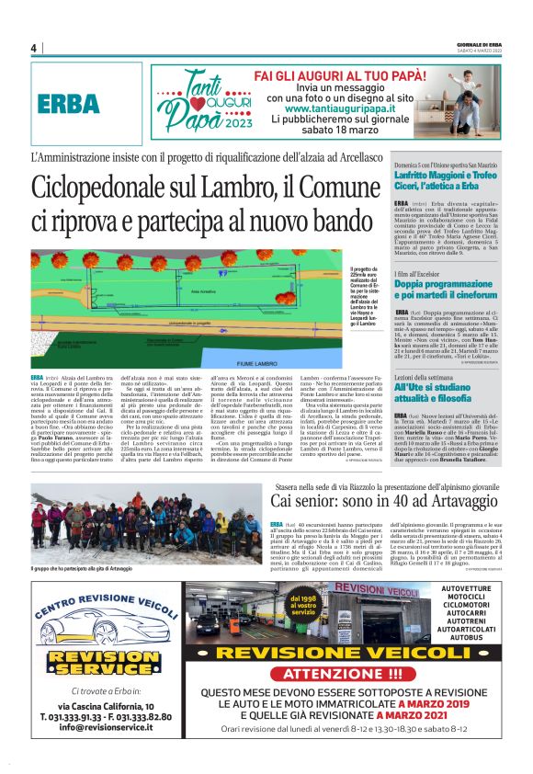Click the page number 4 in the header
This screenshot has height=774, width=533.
tap(33, 48)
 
